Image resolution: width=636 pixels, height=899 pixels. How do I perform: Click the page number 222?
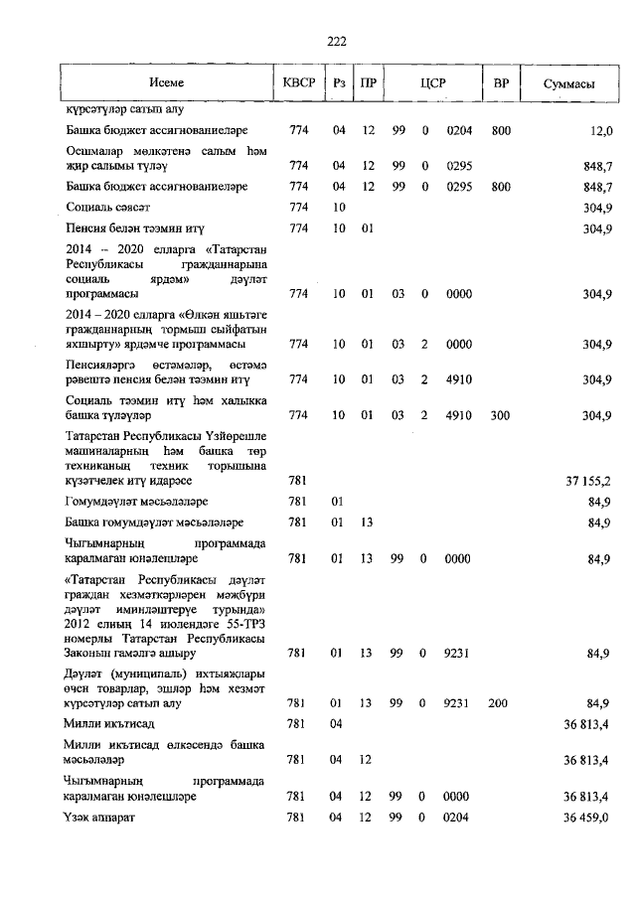(x=336, y=41)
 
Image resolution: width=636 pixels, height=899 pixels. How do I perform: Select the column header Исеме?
(x=167, y=83)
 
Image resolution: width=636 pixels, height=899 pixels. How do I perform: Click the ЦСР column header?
(x=429, y=83)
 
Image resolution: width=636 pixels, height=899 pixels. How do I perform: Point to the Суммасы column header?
(x=568, y=83)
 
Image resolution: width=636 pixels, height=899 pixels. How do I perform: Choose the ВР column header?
(x=501, y=83)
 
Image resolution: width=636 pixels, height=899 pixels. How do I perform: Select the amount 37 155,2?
(x=586, y=481)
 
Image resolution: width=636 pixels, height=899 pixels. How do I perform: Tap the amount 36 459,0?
(x=586, y=817)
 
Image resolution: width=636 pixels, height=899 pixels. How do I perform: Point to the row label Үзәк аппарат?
(x=99, y=817)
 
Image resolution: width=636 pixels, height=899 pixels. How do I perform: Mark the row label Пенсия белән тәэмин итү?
(x=133, y=228)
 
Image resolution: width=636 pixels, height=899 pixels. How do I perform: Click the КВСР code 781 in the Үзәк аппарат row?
(x=295, y=817)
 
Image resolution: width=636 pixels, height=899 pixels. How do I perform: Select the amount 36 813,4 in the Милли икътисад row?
(x=586, y=724)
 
